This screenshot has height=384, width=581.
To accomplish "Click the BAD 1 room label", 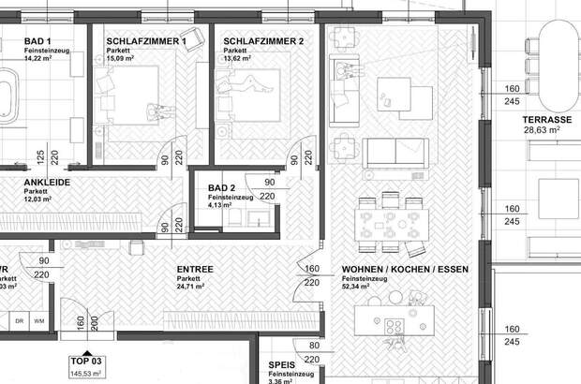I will [37, 42].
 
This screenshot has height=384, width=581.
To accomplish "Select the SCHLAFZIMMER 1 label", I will [146, 42].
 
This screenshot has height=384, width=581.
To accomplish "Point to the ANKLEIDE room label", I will [46, 183].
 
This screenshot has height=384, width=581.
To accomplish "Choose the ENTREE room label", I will [195, 270].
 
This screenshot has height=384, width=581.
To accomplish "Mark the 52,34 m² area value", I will [360, 289].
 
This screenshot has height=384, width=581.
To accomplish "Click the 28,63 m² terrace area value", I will [541, 132].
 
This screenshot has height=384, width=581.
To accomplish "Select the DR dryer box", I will [18, 321].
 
